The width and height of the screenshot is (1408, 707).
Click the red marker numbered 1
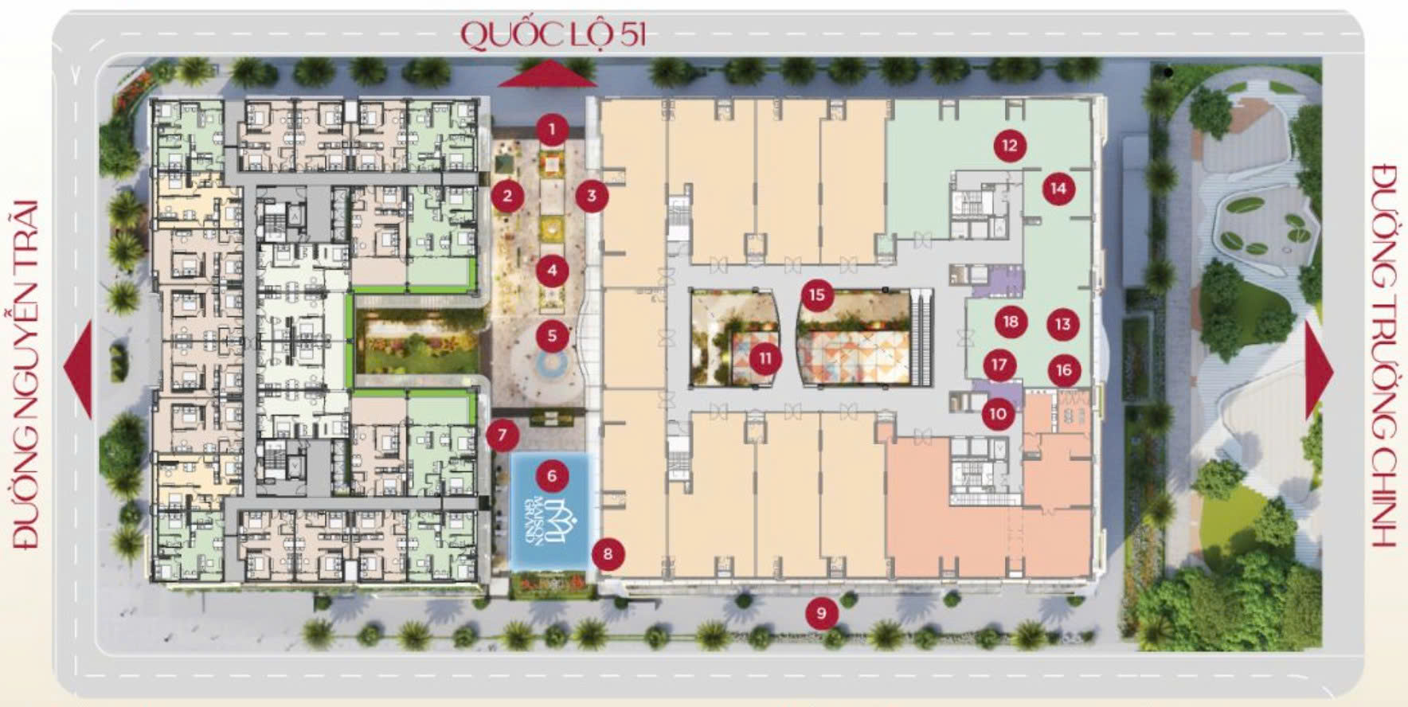click(x=552, y=129)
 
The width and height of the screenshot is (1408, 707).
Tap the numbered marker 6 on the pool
click(x=552, y=476)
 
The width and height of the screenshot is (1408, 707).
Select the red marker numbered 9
click(x=821, y=613)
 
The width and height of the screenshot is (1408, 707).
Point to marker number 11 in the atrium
click(x=765, y=358)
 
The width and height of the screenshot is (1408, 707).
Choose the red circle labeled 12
click(x=1010, y=145)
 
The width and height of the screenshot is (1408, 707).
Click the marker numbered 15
click(x=816, y=295)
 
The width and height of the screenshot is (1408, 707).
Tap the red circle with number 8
click(x=608, y=553)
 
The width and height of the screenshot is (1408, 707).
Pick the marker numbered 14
click(x=1058, y=189)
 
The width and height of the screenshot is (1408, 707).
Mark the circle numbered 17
click(x=999, y=365)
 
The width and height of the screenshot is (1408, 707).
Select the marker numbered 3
click(x=592, y=195)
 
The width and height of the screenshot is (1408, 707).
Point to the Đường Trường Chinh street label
click(x=1384, y=355)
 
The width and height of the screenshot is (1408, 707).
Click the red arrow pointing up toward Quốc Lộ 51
click(x=548, y=76)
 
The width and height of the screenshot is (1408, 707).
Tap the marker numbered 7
click(x=502, y=436)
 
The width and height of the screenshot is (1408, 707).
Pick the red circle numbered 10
click(x=997, y=413)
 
